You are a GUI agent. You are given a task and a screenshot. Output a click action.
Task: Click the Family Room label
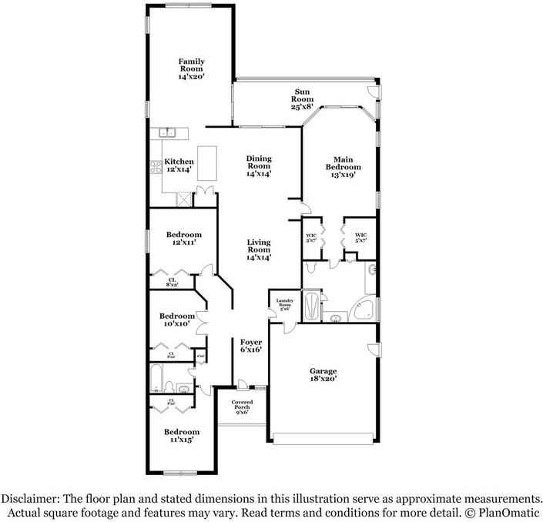pyautogui.click(x=192, y=69)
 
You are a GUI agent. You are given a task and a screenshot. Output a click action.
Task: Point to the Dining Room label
pyautogui.click(x=259, y=166)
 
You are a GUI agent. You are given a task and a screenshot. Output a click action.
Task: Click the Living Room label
pyautogui.click(x=259, y=250)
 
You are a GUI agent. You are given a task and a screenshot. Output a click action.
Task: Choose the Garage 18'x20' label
pyautogui.click(x=323, y=376)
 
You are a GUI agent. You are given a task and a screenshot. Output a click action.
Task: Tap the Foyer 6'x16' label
pyautogui.click(x=251, y=346)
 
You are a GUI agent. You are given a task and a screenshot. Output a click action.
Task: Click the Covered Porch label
pyautogui.click(x=241, y=407)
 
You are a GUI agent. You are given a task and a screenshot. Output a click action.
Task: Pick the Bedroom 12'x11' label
pyautogui.click(x=184, y=239)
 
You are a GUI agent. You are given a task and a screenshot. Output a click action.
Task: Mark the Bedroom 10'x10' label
pyautogui.click(x=177, y=320)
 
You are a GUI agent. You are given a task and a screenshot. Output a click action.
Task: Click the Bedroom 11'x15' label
pyautogui.click(x=182, y=436)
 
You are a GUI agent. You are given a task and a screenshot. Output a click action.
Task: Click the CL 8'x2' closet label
pyautogui.click(x=173, y=283)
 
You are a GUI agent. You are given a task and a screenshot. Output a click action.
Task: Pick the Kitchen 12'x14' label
pyautogui.click(x=179, y=166)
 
